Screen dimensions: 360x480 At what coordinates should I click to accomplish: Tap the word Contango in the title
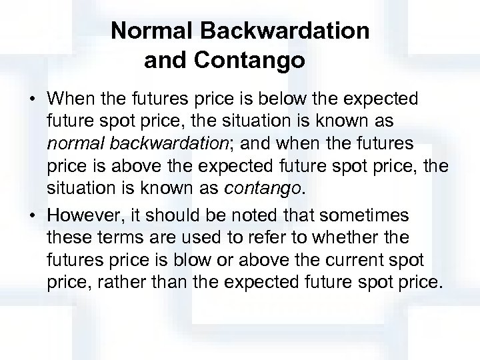click(251, 61)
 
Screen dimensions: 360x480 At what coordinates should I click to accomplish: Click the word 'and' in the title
click(167, 61)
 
